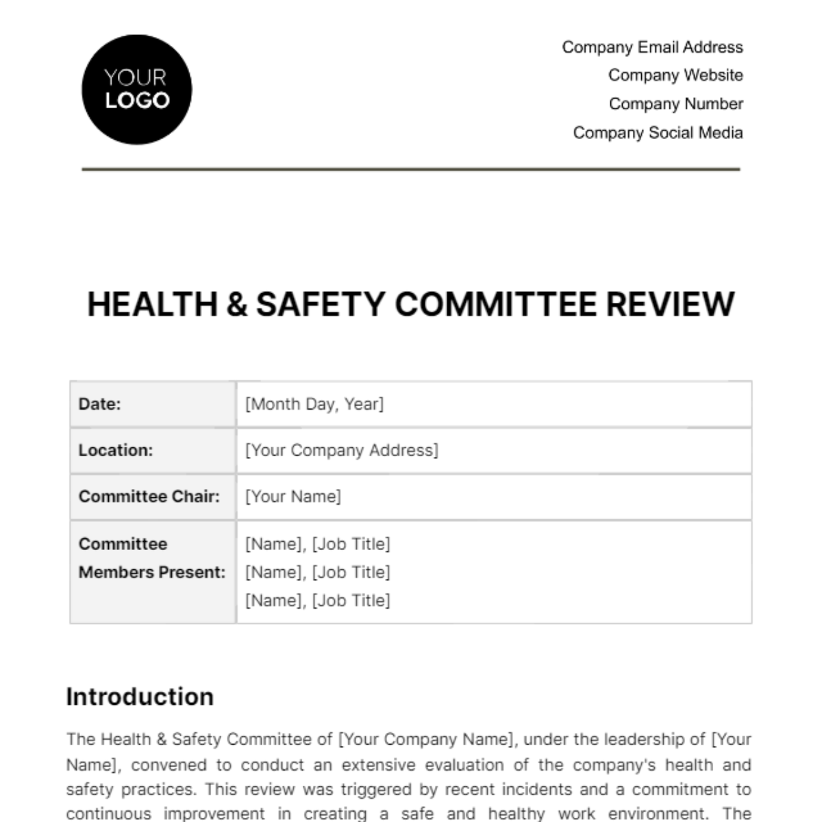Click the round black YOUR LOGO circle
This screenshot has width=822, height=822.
pos(137,90)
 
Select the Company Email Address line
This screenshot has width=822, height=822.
pos(652,47)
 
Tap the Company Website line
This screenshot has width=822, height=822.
pos(675,75)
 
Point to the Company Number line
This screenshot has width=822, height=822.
pos(675,104)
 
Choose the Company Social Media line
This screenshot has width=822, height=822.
pos(658,133)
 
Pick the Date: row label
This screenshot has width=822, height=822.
pos(100,404)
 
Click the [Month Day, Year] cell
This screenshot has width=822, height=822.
pos(314,404)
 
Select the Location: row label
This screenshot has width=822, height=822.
pos(116,450)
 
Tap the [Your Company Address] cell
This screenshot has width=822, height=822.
pos(342,450)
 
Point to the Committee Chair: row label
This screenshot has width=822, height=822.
pos(149,497)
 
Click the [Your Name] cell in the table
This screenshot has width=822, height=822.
pos(293,497)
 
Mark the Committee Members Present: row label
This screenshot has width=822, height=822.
pos(151,558)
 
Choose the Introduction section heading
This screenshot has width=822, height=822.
pos(140,697)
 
